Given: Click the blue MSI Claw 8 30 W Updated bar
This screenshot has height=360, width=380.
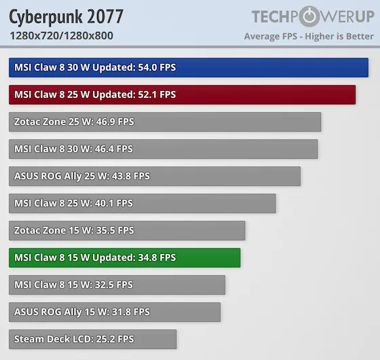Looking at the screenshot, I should (189, 67).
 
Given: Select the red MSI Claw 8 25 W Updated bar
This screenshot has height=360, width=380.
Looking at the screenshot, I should (182, 94).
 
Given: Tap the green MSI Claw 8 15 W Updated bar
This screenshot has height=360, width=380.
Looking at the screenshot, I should (124, 257).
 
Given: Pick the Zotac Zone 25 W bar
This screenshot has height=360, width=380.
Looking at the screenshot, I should (165, 122).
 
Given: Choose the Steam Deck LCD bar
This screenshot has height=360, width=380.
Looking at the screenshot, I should (92, 339).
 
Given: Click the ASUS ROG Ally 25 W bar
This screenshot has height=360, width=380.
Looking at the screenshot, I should (155, 176).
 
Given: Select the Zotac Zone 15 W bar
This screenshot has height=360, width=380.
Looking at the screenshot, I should (127, 230).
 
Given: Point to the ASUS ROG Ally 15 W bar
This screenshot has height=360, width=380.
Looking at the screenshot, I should (115, 312).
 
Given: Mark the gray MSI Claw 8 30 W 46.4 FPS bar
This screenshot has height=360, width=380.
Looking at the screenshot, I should (163, 149).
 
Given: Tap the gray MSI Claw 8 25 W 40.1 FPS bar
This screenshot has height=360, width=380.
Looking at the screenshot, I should (142, 203).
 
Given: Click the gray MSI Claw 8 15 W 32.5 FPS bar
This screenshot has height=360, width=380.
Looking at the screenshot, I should (117, 285).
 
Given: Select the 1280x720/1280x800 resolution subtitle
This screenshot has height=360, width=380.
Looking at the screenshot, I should (62, 36).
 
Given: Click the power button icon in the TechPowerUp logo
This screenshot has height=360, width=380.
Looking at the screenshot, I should (309, 17).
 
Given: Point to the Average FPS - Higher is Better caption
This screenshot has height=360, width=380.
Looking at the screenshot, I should (309, 37).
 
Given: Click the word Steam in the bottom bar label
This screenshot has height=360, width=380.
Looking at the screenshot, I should (28, 339).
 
